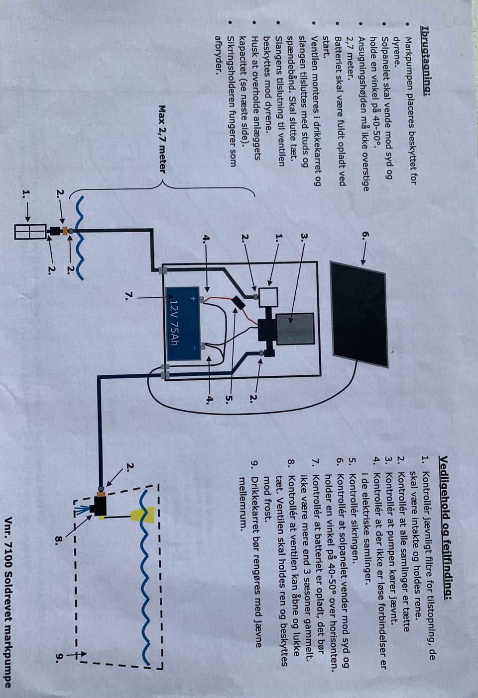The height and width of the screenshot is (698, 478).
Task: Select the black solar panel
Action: (x=358, y=313)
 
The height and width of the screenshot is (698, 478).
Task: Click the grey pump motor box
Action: (x=294, y=329)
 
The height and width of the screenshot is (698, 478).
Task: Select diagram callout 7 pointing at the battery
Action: (x=128, y=296)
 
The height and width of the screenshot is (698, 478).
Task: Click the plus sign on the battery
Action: (x=192, y=299)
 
